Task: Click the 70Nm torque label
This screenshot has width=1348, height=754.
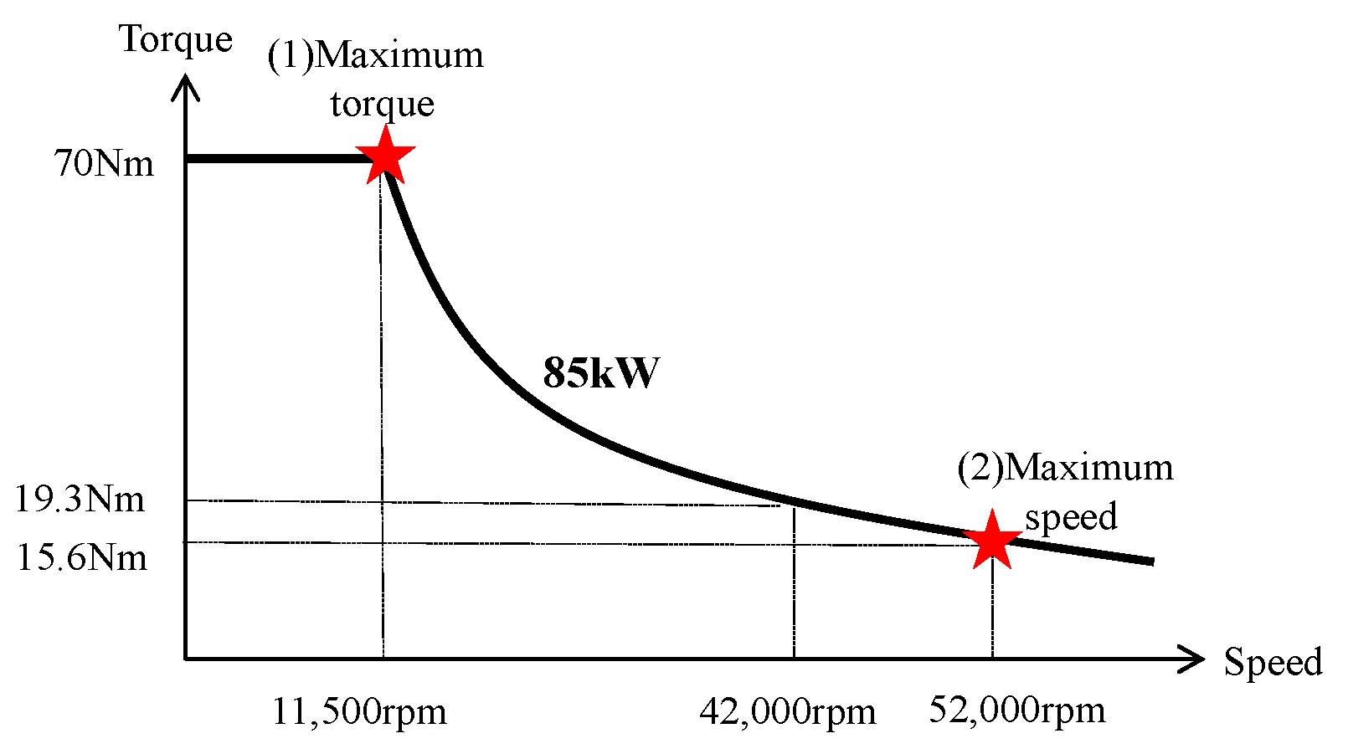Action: tap(104, 163)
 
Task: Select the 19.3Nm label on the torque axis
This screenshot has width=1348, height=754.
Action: tap(80, 500)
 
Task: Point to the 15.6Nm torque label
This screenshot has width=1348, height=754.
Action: tap(82, 557)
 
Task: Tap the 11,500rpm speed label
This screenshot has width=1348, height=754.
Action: tap(359, 711)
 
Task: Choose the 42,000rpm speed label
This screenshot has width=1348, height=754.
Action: tap(788, 712)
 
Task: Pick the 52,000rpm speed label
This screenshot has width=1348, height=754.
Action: tap(1017, 710)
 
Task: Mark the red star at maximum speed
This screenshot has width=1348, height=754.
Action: tap(992, 540)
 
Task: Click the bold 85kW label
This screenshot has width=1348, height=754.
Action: tap(601, 372)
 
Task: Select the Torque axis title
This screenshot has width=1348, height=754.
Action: tap(176, 39)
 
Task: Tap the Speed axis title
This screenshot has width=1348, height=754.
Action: tap(1273, 662)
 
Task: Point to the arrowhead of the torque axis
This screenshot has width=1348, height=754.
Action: tap(186, 84)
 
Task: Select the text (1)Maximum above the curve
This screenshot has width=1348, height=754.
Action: tap(375, 55)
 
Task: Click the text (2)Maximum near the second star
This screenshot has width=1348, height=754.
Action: tap(1065, 467)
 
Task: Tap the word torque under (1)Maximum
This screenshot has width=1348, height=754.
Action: tap(383, 104)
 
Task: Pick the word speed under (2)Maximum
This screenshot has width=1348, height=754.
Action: tap(1071, 516)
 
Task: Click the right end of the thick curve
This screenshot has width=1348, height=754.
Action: tap(1152, 562)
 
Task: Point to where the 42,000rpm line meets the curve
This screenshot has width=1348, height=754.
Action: tap(794, 505)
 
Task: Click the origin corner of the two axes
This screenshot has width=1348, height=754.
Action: tap(186, 659)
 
